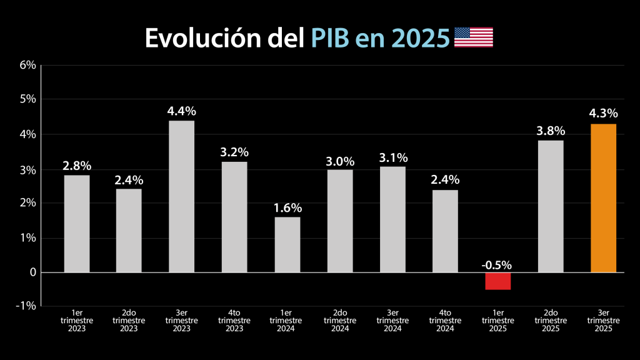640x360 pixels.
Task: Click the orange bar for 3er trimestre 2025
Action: tap(603, 198)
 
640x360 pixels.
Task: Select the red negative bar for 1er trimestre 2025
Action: tap(497, 281)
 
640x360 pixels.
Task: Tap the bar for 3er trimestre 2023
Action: tap(181, 196)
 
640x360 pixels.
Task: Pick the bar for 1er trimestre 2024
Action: tap(287, 244)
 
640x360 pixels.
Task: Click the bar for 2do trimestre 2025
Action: tap(551, 206)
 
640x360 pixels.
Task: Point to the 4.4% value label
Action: tap(181, 111)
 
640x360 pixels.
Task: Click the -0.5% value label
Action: tap(497, 264)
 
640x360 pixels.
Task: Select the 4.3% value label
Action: tap(603, 114)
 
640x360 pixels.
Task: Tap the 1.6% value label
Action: tap(287, 207)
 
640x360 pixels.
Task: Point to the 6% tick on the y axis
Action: tap(27, 65)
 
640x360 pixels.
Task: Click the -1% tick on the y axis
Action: tap(26, 306)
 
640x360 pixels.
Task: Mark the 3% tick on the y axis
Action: tap(27, 170)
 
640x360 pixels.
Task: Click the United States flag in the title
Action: tap(473, 37)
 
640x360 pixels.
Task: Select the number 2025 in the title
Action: tap(419, 37)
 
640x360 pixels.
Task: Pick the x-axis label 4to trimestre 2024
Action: tap(445, 320)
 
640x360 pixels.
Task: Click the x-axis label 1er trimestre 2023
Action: tap(76, 320)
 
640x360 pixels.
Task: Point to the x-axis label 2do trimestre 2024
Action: tap(340, 320)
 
